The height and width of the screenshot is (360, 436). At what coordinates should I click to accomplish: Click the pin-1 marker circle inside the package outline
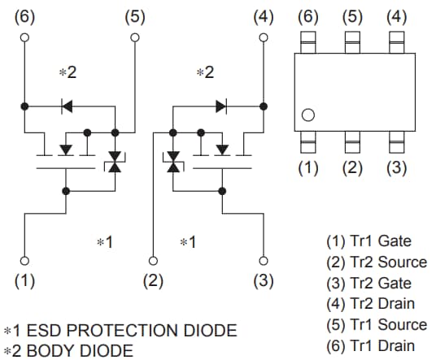click(307, 115)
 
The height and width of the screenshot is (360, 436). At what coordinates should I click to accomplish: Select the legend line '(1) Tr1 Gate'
click(368, 241)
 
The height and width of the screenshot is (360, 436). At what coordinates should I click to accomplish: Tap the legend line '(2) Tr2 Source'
click(376, 262)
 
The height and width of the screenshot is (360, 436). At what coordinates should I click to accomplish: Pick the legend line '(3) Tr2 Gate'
click(368, 283)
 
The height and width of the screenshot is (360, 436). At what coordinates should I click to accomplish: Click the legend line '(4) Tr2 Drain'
click(370, 304)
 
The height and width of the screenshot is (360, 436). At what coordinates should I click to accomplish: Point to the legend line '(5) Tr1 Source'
click(376, 324)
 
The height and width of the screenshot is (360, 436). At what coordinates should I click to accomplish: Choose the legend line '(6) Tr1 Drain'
click(370, 345)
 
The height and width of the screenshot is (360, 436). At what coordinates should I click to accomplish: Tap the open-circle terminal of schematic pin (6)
click(25, 37)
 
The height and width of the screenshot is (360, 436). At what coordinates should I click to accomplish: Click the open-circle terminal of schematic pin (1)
click(25, 261)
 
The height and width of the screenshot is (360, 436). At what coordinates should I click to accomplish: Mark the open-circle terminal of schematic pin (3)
click(263, 261)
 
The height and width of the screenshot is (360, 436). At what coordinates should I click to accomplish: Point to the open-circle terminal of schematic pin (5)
click(135, 37)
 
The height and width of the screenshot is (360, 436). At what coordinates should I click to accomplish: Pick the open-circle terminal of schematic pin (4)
click(263, 37)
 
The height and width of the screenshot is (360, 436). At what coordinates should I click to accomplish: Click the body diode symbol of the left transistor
click(68, 105)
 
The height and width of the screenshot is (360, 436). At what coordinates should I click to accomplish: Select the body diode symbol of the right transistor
click(220, 105)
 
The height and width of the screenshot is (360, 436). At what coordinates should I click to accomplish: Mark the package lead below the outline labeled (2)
click(351, 145)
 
